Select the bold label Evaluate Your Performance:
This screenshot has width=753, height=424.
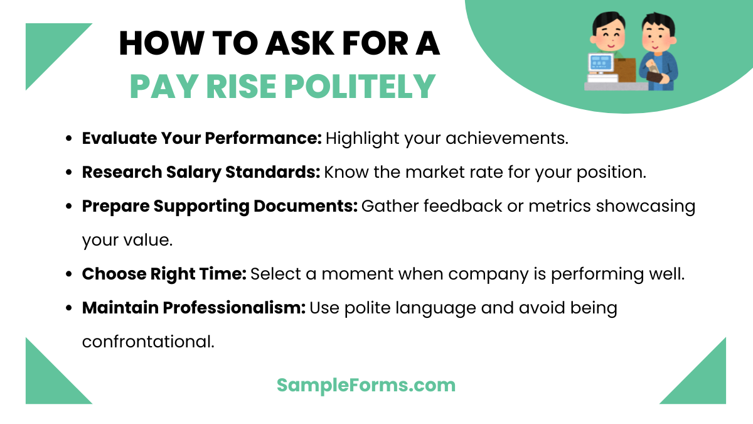201,138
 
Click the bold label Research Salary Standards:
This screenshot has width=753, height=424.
201,172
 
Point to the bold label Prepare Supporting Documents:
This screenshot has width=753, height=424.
220,207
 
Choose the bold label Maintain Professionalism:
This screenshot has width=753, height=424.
193,308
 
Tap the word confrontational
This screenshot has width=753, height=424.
148,342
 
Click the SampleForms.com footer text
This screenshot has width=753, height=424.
366,384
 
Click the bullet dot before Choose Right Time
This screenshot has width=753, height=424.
69,275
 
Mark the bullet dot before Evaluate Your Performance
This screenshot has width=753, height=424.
69,139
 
